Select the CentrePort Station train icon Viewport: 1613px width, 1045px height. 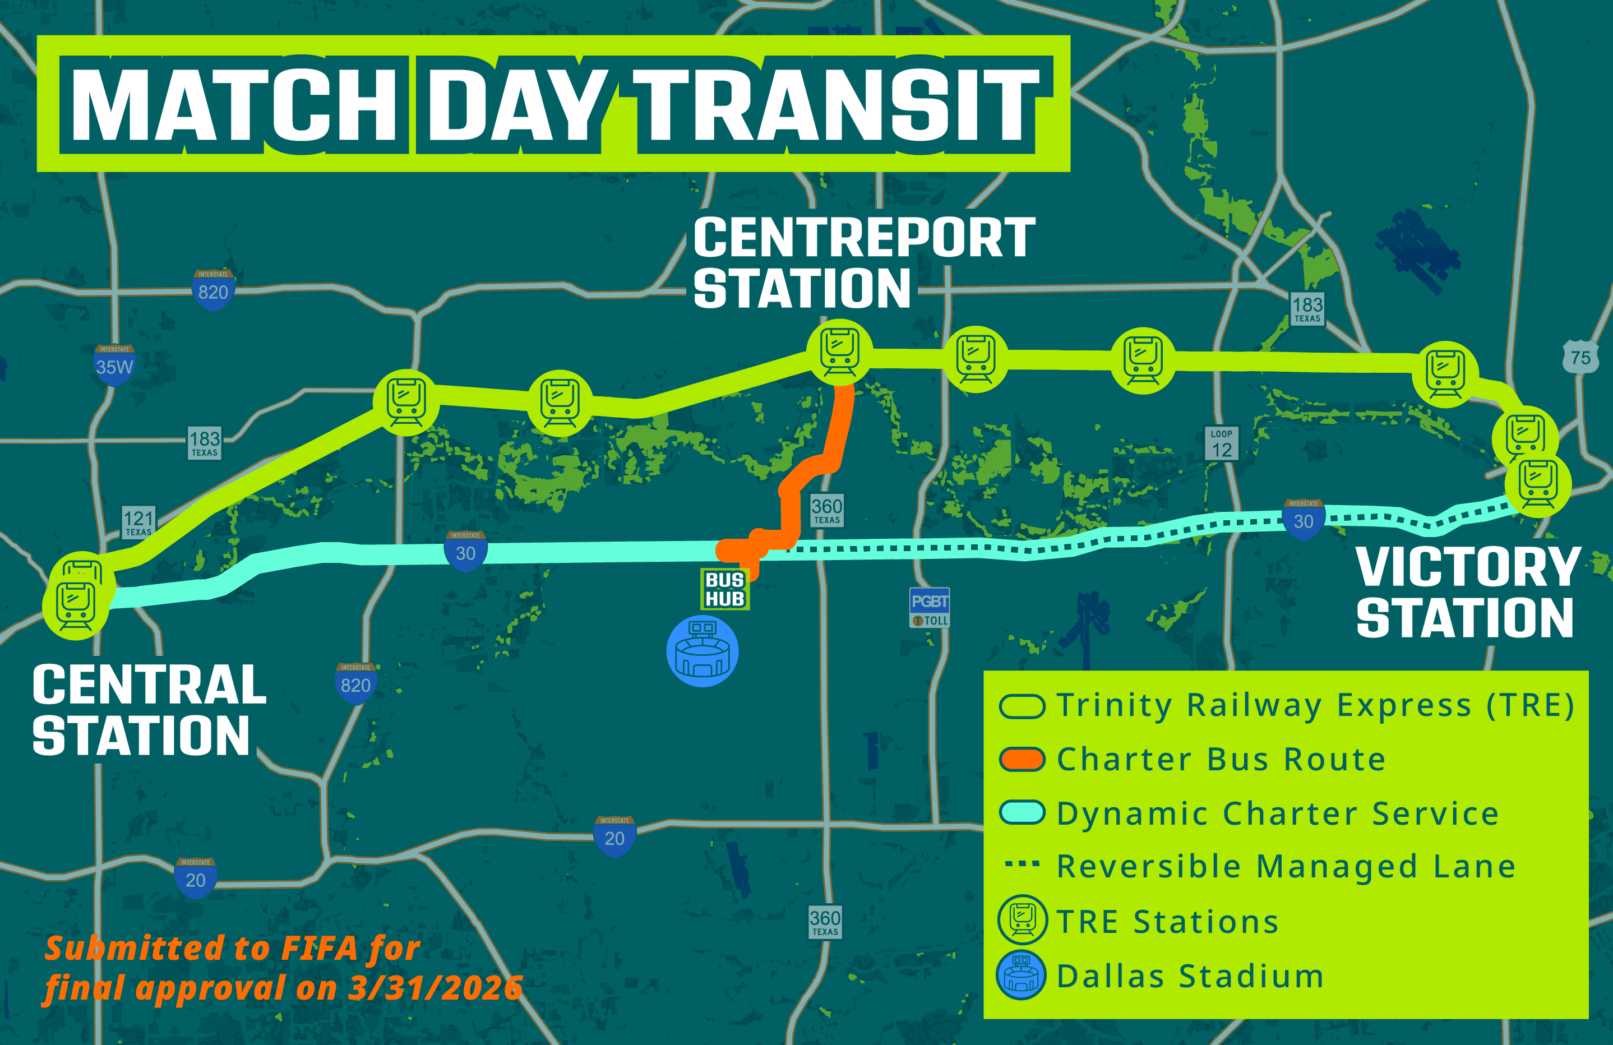tap(840, 352)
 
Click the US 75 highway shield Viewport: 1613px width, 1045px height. tap(1580, 357)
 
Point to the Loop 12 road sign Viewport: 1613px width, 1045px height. tap(1221, 443)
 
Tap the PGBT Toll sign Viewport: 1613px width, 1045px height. tap(929, 608)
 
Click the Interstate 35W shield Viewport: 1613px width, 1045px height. tap(114, 364)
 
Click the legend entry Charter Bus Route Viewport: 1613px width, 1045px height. tap(1221, 759)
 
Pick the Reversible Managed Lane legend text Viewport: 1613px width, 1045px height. tap(1286, 866)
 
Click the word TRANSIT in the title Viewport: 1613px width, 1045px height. tap(836, 105)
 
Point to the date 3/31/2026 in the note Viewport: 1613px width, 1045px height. tap(435, 987)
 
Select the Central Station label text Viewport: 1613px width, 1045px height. tap(149, 710)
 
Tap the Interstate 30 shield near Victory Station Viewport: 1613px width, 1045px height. tap(1302, 519)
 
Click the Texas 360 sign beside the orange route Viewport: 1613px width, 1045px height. tap(826, 510)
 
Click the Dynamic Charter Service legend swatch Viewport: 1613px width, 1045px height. tap(1022, 812)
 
